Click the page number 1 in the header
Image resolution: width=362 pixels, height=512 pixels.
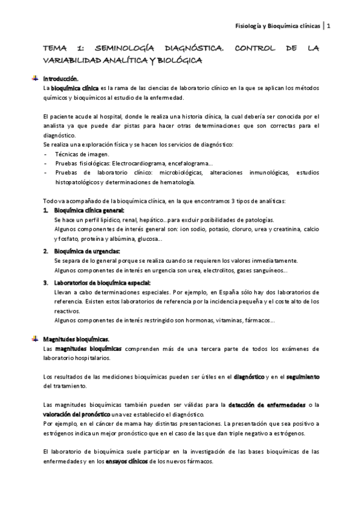328,25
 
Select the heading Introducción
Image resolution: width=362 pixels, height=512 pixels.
61,78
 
